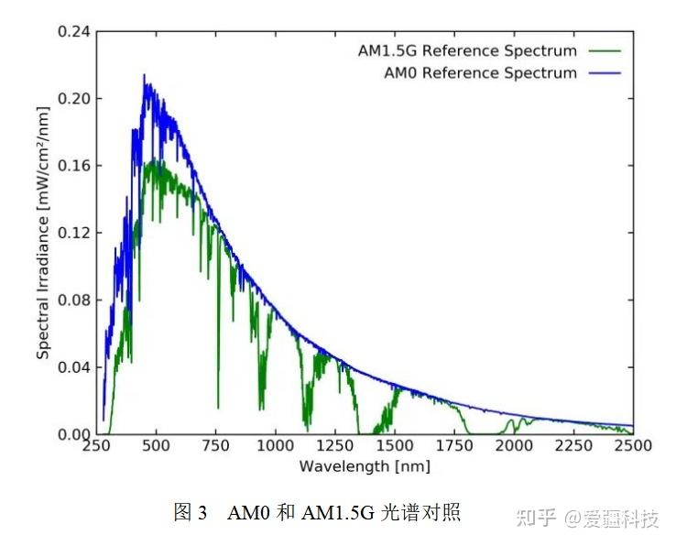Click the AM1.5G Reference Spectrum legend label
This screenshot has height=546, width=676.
[467, 50]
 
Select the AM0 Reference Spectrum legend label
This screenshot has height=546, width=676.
[480, 72]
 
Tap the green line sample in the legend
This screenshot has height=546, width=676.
[606, 50]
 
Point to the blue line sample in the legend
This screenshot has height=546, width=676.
[606, 72]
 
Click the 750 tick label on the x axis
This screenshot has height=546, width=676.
[216, 446]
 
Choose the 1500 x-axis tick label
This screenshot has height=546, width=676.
[395, 446]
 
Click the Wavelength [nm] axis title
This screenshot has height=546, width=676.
[365, 466]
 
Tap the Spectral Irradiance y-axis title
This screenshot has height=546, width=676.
[43, 233]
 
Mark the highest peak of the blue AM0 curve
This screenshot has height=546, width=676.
[144, 75]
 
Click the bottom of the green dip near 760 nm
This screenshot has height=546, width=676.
[218, 407]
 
